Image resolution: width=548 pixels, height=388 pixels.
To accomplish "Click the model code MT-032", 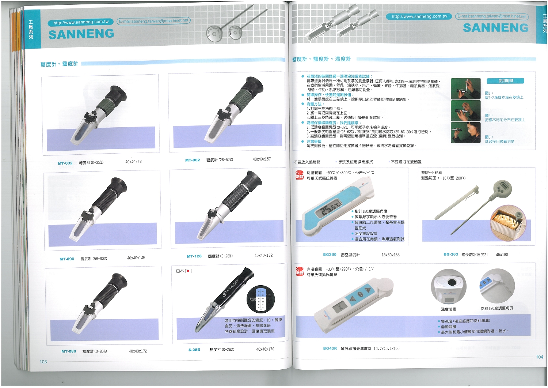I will click(65, 163).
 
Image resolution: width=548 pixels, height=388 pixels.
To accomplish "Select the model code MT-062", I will click(193, 160).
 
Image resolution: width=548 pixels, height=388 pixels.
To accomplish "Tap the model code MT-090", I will click(67, 259).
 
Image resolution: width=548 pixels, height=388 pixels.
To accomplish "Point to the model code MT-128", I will click(194, 256).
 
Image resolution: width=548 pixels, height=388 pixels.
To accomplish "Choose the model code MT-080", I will click(69, 351).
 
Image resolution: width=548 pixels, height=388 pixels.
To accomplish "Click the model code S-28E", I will click(194, 350).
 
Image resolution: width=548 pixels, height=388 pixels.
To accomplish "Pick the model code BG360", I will click(330, 255).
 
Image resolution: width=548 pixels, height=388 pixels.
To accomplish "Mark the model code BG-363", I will click(450, 254).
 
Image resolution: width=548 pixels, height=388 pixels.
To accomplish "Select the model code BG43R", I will click(330, 349).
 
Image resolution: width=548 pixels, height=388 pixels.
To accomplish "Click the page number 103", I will click(43, 362).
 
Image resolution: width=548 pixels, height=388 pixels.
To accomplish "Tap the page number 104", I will click(539, 357).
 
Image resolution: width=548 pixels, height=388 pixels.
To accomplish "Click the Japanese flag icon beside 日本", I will click(188, 271).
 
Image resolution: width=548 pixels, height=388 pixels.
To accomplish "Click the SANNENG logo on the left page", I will click(81, 34).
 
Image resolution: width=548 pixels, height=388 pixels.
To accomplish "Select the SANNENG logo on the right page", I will click(495, 28).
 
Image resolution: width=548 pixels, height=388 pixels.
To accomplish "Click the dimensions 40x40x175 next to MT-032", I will click(134, 162).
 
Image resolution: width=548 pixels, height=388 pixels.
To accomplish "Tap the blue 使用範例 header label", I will click(506, 80).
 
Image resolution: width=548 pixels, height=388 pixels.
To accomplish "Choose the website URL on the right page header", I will click(419, 16).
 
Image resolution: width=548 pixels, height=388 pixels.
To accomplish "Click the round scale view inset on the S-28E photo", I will click(260, 299).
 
